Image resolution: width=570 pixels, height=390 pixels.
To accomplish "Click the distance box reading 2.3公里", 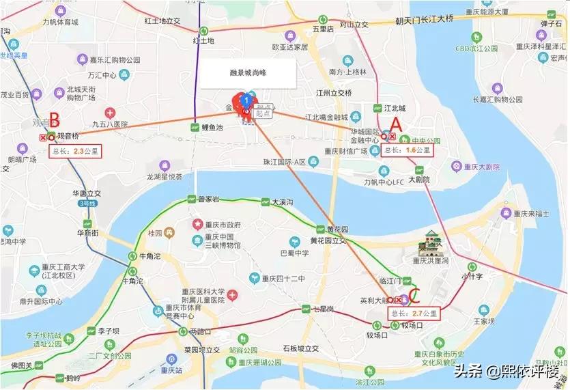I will [x=76, y=152].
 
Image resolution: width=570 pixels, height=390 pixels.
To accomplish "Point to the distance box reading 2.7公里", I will [x=414, y=313].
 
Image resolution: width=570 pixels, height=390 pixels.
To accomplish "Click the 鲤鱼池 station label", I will [x=213, y=128].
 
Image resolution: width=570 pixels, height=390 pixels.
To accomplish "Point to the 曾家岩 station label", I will [x=210, y=199].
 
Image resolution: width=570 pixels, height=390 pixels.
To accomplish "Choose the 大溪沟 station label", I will [x=282, y=202].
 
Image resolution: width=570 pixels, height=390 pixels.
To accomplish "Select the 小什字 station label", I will [x=472, y=277].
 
